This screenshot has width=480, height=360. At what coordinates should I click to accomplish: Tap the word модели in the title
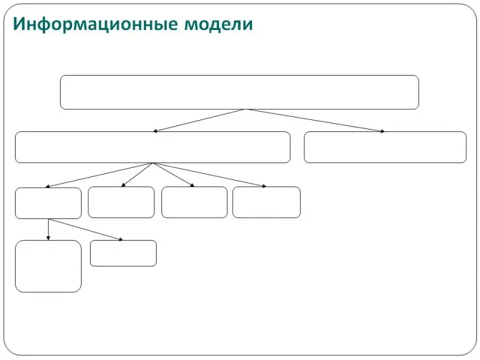click(218, 25)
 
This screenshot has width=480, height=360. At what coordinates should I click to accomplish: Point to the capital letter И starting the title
click(19, 23)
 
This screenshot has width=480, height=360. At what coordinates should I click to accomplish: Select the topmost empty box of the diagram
click(239, 92)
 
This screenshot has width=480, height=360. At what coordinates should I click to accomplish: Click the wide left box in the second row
click(152, 147)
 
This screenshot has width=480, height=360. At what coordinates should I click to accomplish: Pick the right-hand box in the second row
click(385, 147)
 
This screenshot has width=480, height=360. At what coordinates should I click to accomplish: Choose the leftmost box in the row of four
click(48, 203)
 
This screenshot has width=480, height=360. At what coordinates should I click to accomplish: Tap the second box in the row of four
click(121, 202)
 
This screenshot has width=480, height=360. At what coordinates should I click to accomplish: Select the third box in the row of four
click(194, 202)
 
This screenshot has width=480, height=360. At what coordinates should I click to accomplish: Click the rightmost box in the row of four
click(266, 202)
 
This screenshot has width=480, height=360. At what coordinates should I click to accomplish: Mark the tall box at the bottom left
click(48, 266)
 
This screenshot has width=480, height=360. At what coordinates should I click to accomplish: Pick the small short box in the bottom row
click(124, 253)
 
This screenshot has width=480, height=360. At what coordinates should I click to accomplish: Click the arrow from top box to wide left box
click(199, 121)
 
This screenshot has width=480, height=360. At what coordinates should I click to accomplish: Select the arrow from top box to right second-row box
click(316, 121)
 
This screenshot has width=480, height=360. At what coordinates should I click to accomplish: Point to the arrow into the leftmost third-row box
click(99, 175)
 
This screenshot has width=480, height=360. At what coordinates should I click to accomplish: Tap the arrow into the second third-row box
click(137, 175)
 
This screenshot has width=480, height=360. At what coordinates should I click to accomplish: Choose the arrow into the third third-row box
click(174, 175)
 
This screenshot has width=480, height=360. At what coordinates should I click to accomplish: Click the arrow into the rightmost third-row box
click(209, 175)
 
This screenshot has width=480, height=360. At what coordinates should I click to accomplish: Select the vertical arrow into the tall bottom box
click(48, 230)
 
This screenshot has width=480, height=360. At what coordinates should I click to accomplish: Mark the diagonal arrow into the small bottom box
click(85, 230)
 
